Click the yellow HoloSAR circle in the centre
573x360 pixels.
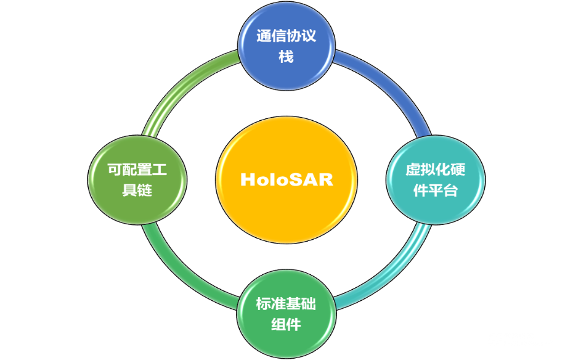pos(286,179)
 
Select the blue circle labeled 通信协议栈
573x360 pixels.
pos(286,46)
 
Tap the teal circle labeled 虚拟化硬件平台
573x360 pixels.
pos(436,179)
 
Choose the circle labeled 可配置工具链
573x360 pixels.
pos(137,179)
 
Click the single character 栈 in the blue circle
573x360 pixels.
pos(286,57)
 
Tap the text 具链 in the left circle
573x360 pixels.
pos(137,190)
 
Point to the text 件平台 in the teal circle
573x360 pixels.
pos(436,190)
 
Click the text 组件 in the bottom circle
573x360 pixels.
pos(286,324)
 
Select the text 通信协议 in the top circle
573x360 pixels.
pos(286,36)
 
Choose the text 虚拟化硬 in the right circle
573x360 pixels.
pos(436,170)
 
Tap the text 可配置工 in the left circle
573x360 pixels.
pos(137,170)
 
